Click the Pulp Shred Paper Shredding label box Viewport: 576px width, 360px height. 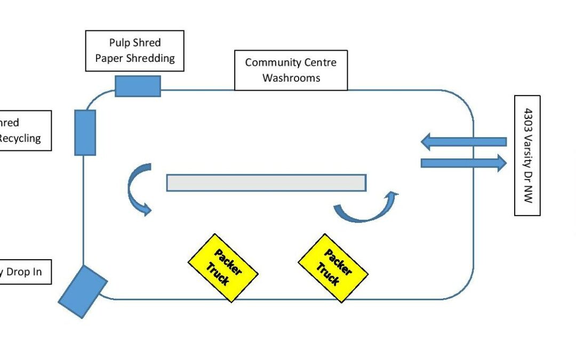[134, 51]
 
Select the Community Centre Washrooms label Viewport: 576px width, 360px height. [291, 70]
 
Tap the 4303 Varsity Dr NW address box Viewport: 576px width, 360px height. [527, 155]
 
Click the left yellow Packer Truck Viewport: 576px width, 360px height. [223, 268]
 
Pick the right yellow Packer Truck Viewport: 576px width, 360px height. [333, 268]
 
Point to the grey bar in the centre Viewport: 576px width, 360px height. [266, 182]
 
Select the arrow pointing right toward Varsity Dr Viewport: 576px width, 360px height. [463, 163]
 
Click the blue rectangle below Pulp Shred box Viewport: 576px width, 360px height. [138, 86]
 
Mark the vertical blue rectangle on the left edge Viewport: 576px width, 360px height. [85, 132]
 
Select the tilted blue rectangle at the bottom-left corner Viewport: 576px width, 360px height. [83, 291]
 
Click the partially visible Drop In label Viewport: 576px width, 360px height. [25, 272]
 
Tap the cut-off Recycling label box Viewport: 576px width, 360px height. [25, 131]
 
